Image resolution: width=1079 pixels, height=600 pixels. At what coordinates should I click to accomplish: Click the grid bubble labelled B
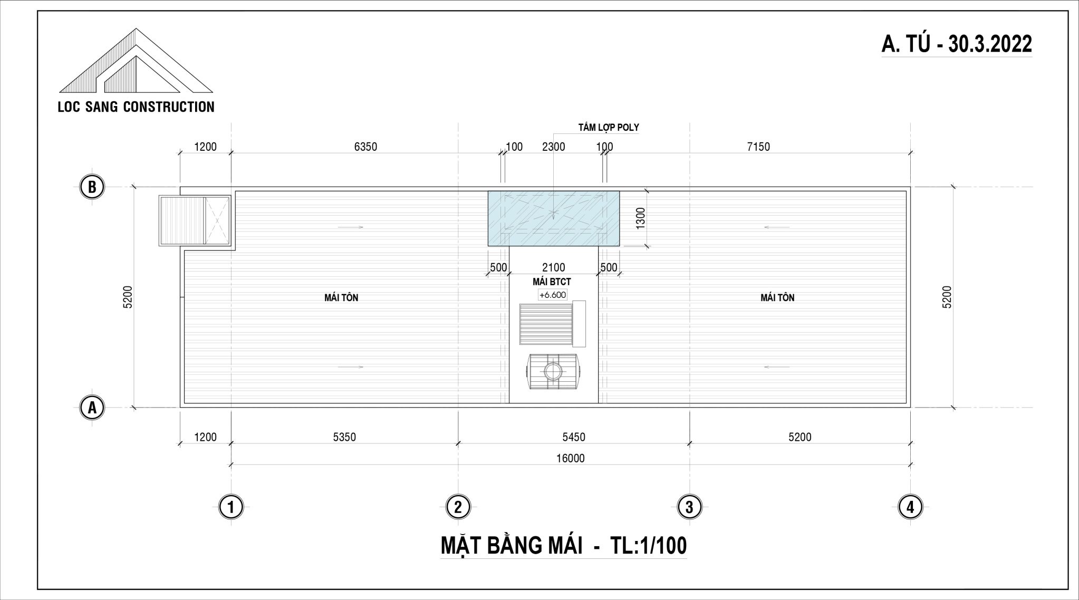pos(92,187)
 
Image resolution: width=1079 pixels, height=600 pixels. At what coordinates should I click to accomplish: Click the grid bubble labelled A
pos(92,408)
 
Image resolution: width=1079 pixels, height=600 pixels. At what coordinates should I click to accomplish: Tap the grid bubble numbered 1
pos(231,508)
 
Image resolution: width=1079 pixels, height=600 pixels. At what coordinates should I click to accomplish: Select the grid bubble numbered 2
pos(458,508)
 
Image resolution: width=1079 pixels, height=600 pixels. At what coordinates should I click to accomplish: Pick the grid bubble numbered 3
pos(689,508)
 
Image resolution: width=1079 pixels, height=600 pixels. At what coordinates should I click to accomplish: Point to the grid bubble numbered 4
pos(910,508)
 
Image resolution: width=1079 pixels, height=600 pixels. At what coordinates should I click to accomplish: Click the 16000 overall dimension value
pos(570,458)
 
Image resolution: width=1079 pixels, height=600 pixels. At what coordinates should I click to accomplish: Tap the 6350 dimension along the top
pos(365,147)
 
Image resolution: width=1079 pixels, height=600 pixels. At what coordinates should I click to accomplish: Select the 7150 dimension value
pos(758,147)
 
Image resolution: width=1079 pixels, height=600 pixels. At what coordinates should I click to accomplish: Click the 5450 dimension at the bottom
pos(573,437)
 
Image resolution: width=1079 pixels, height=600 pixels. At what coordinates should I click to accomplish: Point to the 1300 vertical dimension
pos(641,218)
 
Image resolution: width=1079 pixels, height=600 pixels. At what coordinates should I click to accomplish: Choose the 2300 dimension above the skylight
pos(553,147)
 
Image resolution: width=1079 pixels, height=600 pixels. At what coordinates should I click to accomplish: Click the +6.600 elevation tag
pos(553,295)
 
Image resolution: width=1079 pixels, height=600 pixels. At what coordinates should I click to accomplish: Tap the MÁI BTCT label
pos(552,282)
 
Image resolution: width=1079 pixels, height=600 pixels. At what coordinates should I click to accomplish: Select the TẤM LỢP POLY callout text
pos(609,127)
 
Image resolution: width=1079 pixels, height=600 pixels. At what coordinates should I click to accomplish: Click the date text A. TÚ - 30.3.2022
pos(957,44)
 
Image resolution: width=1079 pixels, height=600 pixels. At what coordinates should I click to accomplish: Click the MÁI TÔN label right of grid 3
pos(777,298)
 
